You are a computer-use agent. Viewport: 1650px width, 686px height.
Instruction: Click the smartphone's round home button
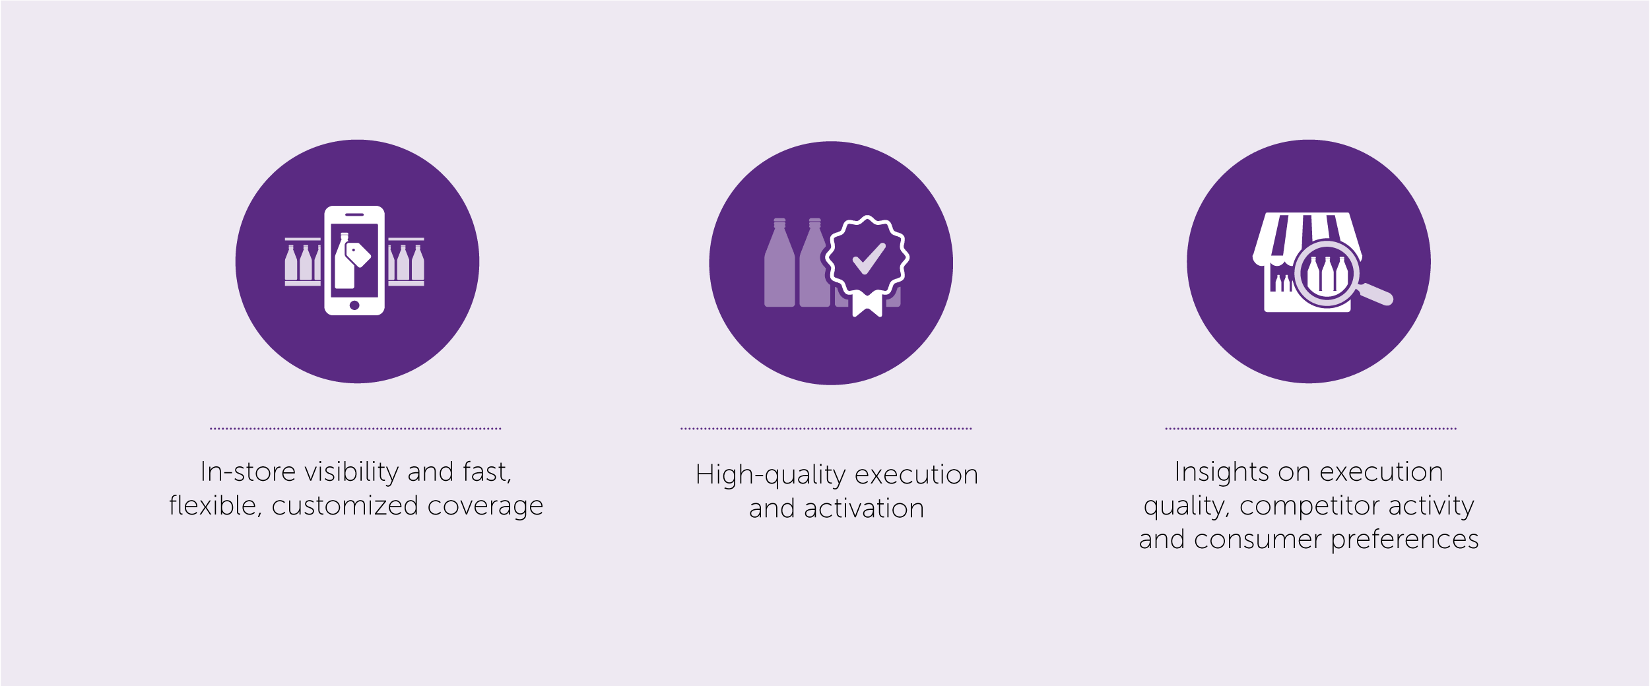(x=354, y=305)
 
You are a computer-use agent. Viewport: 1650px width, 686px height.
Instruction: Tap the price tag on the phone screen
(x=358, y=255)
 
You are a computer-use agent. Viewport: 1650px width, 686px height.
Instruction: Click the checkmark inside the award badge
(x=869, y=259)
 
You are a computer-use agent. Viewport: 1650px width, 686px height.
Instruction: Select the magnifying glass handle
(x=1375, y=294)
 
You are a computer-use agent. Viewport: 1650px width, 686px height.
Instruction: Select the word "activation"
(x=864, y=509)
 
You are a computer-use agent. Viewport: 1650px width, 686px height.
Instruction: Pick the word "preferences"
(x=1404, y=540)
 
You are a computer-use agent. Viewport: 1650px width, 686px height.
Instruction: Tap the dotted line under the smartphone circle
(x=356, y=429)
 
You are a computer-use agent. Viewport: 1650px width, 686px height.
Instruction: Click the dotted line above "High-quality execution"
(x=826, y=429)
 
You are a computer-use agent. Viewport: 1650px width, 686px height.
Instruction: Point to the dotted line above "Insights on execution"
(x=1311, y=429)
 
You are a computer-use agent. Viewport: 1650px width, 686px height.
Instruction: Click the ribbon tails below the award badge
(x=867, y=304)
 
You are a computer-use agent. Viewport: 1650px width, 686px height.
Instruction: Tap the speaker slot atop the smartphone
(x=354, y=214)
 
